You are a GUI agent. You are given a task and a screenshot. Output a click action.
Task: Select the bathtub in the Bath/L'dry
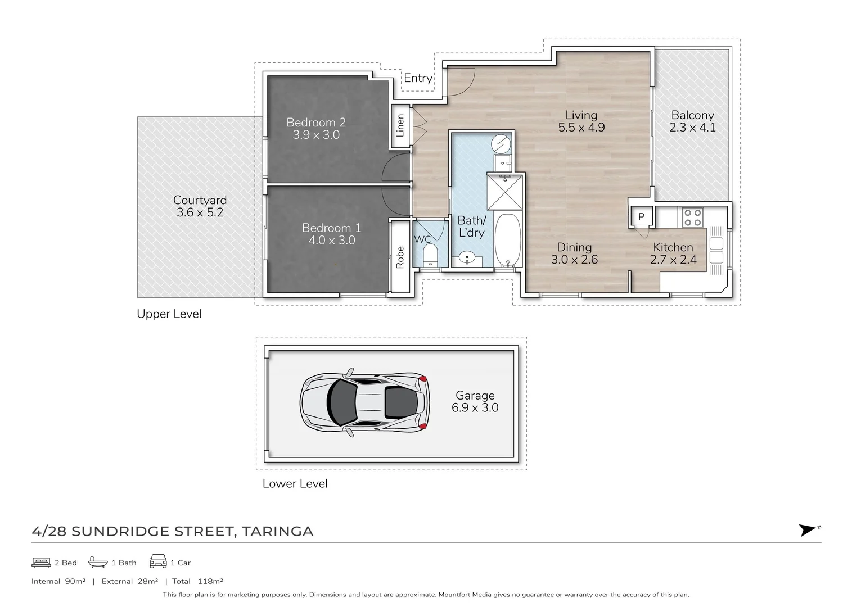pos(508,239)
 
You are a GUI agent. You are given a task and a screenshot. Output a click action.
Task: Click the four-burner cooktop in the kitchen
pos(692,218)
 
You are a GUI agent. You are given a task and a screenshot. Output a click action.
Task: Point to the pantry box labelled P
pos(641,216)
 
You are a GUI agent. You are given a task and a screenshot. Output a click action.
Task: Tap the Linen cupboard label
pos(400,126)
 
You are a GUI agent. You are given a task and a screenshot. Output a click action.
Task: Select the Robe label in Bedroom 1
pos(400,257)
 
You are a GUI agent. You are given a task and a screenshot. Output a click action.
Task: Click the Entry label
pos(418,78)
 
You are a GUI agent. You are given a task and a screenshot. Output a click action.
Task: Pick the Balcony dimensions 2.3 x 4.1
pos(692,128)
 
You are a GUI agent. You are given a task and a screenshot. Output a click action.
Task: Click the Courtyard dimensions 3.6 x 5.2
pos(200,212)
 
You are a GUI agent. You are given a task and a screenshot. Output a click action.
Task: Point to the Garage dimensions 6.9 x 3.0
pos(475,408)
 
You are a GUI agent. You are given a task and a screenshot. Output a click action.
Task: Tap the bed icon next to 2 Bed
pos(41,562)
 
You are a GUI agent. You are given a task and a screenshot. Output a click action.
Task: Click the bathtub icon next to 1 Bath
pos(98,562)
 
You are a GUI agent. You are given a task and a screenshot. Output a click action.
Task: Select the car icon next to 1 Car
pos(158,561)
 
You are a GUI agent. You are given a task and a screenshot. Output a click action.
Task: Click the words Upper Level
pos(169,314)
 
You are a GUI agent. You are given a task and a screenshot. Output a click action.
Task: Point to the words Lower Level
pos(295,483)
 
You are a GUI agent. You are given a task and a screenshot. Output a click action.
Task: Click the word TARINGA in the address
pos(277,532)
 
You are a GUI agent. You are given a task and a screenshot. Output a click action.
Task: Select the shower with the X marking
pos(505,192)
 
